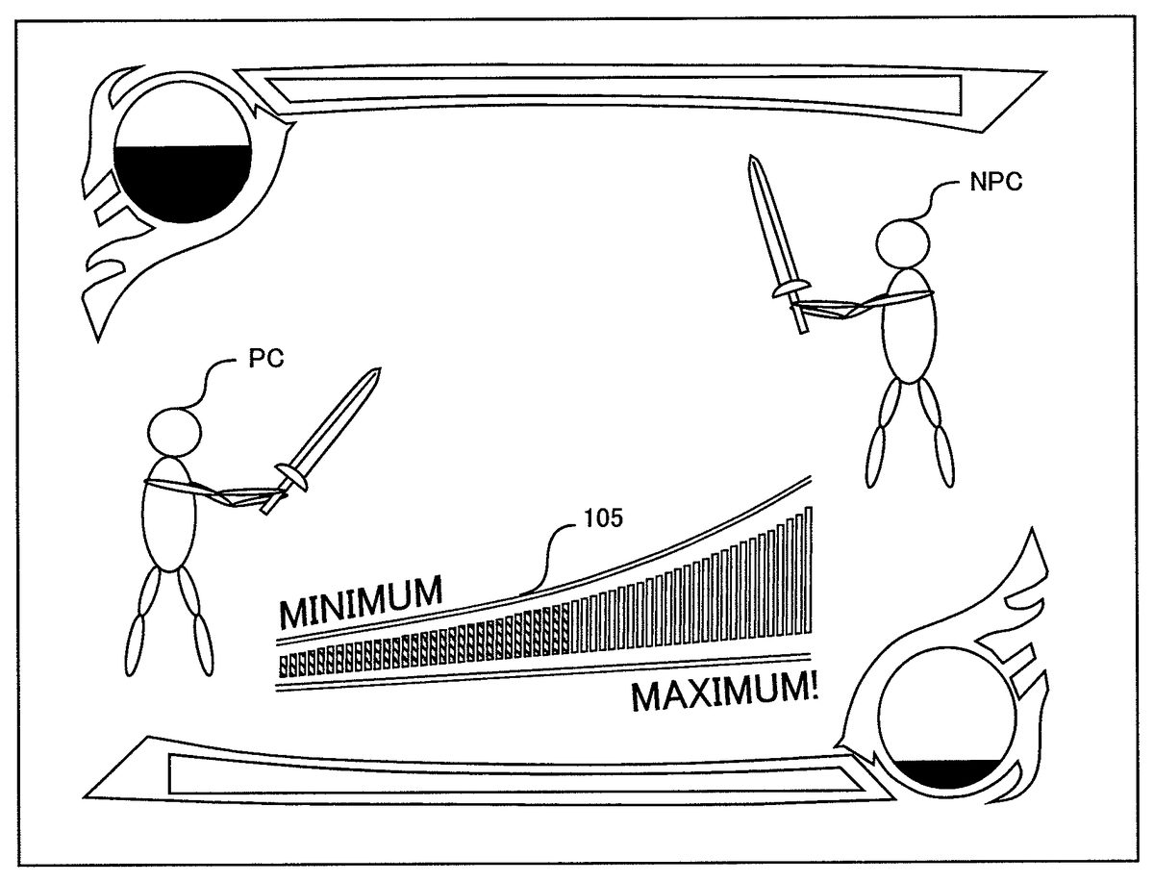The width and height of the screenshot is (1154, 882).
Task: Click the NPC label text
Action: pos(995,182)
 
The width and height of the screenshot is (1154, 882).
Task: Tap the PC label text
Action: pos(266,359)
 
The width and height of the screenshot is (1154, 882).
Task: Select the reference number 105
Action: pos(604,518)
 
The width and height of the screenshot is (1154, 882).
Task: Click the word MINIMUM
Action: pos(361,602)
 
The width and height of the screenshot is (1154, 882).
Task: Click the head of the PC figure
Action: pos(175,432)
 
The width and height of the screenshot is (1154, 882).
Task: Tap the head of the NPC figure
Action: pos(902,244)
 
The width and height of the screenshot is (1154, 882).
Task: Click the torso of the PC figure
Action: pos(169,515)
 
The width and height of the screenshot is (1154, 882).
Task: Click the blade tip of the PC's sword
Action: pos(380,369)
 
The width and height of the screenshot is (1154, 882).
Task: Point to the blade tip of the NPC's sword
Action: pos(752,156)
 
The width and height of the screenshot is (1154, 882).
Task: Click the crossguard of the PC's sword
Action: pos(291,477)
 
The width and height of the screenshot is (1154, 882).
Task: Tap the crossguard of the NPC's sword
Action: pos(790,289)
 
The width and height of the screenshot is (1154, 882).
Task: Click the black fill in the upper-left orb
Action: pos(183,182)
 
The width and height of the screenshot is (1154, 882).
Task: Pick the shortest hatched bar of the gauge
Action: pos(283,666)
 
